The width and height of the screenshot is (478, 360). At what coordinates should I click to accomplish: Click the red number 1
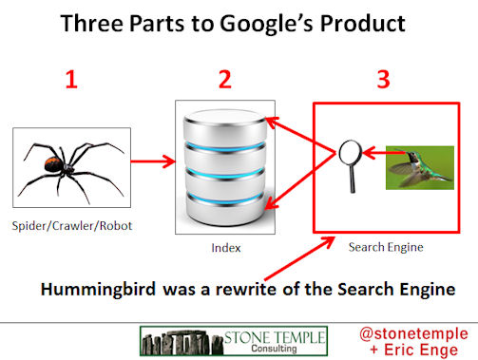(x=70, y=81)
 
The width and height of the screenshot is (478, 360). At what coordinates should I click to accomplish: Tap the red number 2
(x=225, y=81)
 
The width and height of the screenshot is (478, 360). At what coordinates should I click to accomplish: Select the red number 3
(x=383, y=81)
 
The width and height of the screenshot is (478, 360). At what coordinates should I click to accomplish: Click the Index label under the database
(x=224, y=248)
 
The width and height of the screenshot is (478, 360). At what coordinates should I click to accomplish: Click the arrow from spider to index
(x=152, y=162)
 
